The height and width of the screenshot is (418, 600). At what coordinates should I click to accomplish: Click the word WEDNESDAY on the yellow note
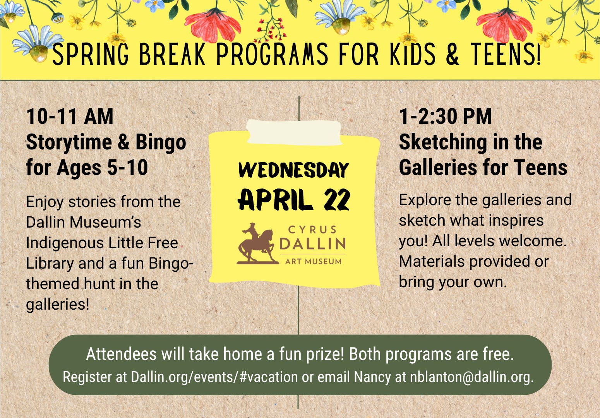click(293, 170)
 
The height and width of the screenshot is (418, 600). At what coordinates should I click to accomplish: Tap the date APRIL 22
click(294, 199)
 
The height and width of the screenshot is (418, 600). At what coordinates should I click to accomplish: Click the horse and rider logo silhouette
click(256, 244)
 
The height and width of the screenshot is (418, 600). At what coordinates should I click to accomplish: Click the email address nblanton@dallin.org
click(472, 377)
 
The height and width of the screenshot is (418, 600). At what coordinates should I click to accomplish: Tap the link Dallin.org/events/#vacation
click(214, 377)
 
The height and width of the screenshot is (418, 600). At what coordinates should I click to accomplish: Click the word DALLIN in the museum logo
click(313, 243)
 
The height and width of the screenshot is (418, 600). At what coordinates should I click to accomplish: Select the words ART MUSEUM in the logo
click(314, 261)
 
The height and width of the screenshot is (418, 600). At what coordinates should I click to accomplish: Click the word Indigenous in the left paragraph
click(65, 243)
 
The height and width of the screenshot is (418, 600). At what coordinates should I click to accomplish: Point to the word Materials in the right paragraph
click(432, 261)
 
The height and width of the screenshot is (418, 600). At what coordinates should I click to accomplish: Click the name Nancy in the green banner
click(372, 377)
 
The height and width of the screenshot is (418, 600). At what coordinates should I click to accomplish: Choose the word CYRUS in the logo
click(312, 230)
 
